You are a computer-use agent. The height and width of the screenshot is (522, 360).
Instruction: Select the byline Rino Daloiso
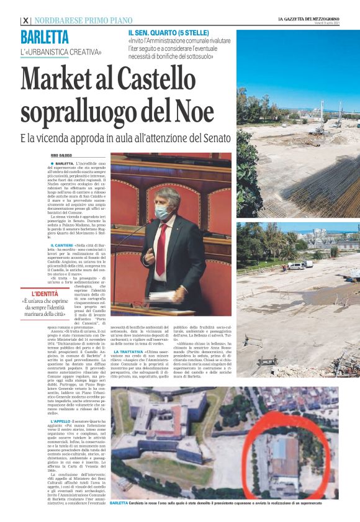[61, 155]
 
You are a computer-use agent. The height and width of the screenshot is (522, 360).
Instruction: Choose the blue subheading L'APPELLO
[61, 421]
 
